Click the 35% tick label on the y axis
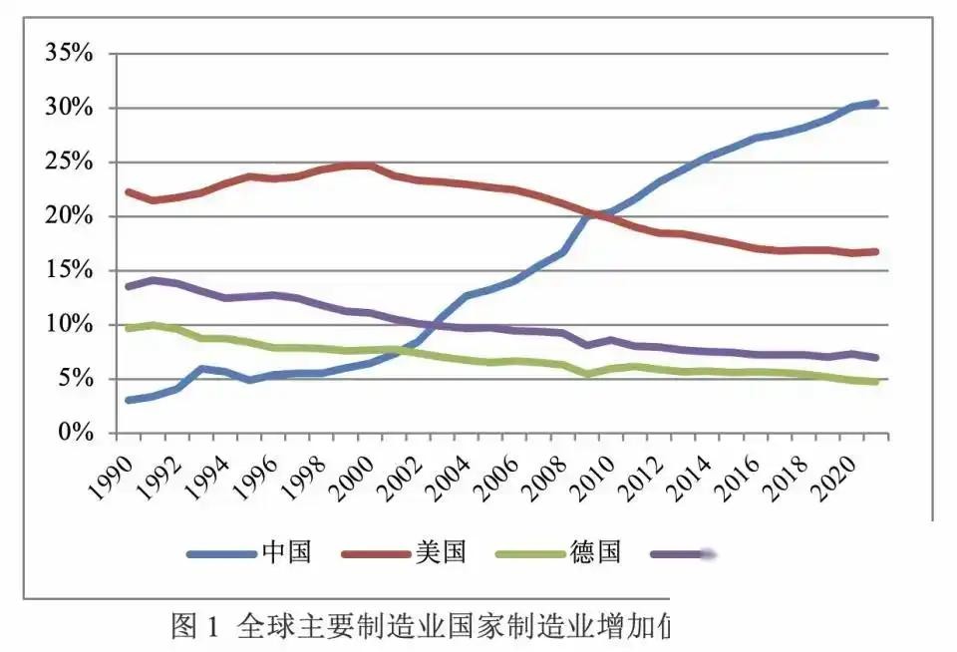click(68, 54)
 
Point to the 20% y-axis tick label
click(68, 216)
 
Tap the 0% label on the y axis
click(74, 434)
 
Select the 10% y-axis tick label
click(68, 325)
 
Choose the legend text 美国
click(441, 552)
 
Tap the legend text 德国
click(595, 552)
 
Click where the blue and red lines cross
click(599, 212)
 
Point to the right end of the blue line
click(874, 103)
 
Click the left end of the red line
click(129, 191)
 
